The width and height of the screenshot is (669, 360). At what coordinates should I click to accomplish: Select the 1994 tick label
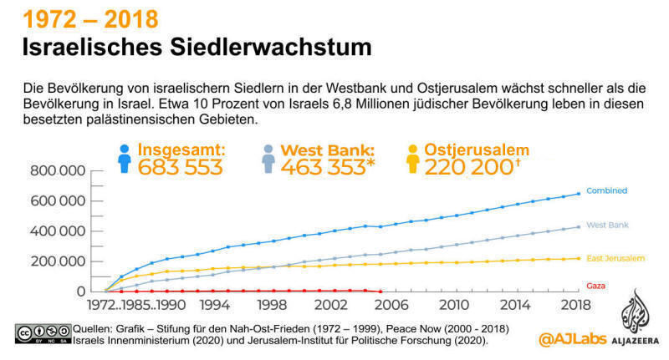click(x=213, y=304)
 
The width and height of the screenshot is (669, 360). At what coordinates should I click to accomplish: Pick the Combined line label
click(x=606, y=191)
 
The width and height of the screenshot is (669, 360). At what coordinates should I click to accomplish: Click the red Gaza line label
click(x=596, y=286)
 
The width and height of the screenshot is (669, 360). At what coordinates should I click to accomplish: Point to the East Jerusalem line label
click(x=614, y=256)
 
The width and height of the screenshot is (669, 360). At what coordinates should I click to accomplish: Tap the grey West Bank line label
click(x=607, y=226)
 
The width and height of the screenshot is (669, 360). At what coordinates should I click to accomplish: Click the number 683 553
click(x=180, y=167)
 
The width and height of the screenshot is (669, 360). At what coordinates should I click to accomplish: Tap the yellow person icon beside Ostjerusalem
click(x=412, y=159)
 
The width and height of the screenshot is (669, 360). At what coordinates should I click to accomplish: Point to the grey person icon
click(x=268, y=159)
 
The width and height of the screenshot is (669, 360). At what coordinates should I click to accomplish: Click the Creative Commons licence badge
click(x=42, y=334)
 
